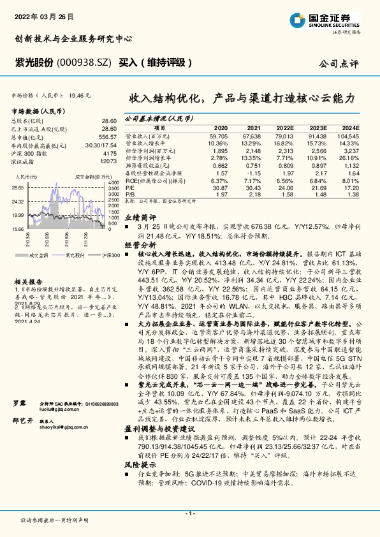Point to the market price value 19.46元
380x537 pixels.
(79, 94)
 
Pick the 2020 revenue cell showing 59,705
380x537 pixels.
(219, 136)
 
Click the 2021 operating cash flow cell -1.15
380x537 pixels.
(253, 173)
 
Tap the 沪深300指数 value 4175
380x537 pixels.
(110, 153)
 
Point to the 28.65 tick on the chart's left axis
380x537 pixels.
(18, 188)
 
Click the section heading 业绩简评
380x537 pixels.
(136, 217)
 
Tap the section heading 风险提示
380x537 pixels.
(136, 448)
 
